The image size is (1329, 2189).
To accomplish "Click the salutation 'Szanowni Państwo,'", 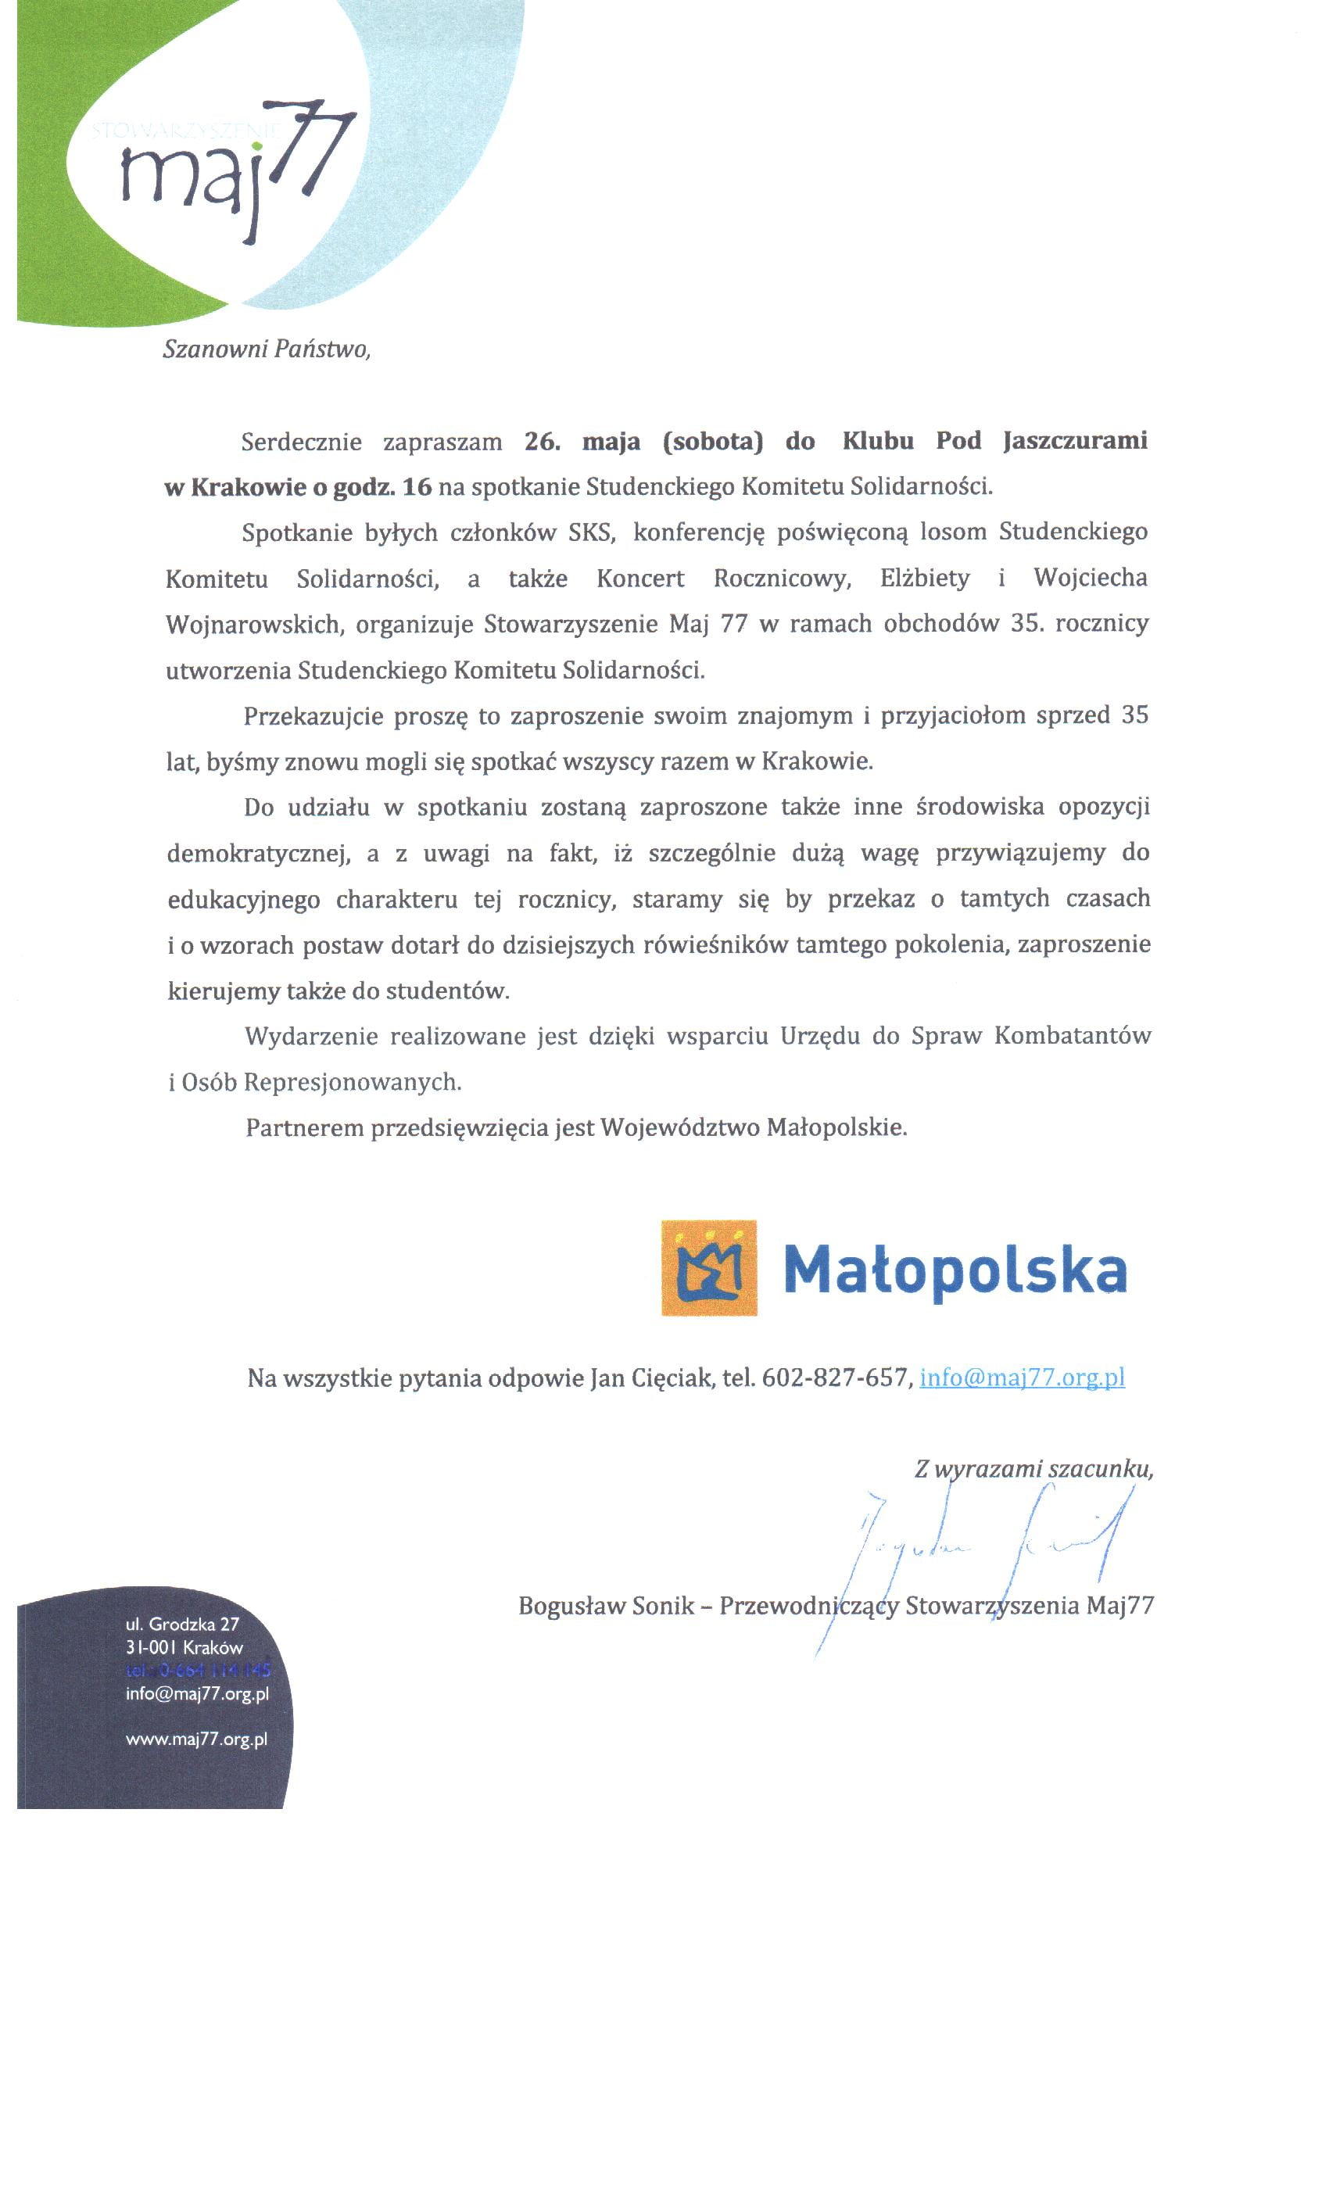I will [266, 349].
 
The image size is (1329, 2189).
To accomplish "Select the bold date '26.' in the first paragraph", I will [542, 442].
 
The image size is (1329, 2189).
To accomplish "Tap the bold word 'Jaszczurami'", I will [1075, 441].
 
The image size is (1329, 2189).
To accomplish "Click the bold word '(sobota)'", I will [712, 442].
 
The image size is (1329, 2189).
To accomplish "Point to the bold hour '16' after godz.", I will [416, 487].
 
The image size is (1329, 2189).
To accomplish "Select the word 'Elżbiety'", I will [925, 579].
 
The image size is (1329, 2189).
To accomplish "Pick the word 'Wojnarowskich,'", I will [254, 625].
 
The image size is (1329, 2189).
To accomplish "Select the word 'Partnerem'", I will [304, 1128].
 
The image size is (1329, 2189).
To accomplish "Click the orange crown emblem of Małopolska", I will [709, 1268].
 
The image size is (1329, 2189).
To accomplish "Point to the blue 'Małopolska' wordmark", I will [955, 1270].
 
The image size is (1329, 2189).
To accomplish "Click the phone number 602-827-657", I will [835, 1378].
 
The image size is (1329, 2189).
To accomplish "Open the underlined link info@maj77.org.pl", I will [1022, 1378].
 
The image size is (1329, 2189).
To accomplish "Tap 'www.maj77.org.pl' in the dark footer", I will [196, 1739].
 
